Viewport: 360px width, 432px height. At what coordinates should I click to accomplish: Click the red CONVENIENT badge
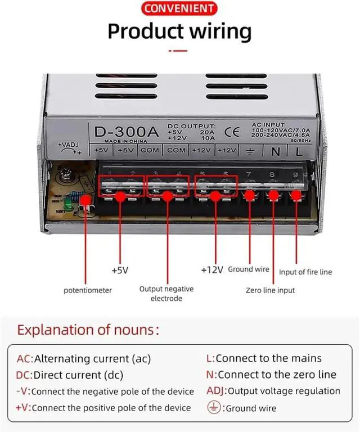click(x=179, y=8)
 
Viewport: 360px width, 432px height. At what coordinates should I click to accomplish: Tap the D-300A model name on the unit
click(x=123, y=132)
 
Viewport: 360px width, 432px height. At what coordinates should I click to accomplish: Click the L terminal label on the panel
click(x=299, y=150)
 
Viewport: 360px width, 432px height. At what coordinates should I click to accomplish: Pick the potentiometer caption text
click(x=87, y=290)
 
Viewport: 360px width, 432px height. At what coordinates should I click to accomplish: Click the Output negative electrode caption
click(x=166, y=294)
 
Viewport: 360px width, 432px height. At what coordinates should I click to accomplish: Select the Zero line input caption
click(x=270, y=290)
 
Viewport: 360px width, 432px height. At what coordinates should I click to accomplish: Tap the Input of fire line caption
click(x=305, y=272)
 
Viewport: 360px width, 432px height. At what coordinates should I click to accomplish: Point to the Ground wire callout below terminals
click(x=249, y=269)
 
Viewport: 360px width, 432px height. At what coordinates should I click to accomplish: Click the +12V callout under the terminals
click(x=212, y=270)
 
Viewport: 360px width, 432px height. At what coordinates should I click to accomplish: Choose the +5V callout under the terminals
click(x=120, y=270)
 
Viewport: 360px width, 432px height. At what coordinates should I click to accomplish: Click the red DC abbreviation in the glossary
click(x=24, y=375)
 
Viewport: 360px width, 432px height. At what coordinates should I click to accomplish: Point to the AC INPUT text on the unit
click(x=269, y=124)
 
